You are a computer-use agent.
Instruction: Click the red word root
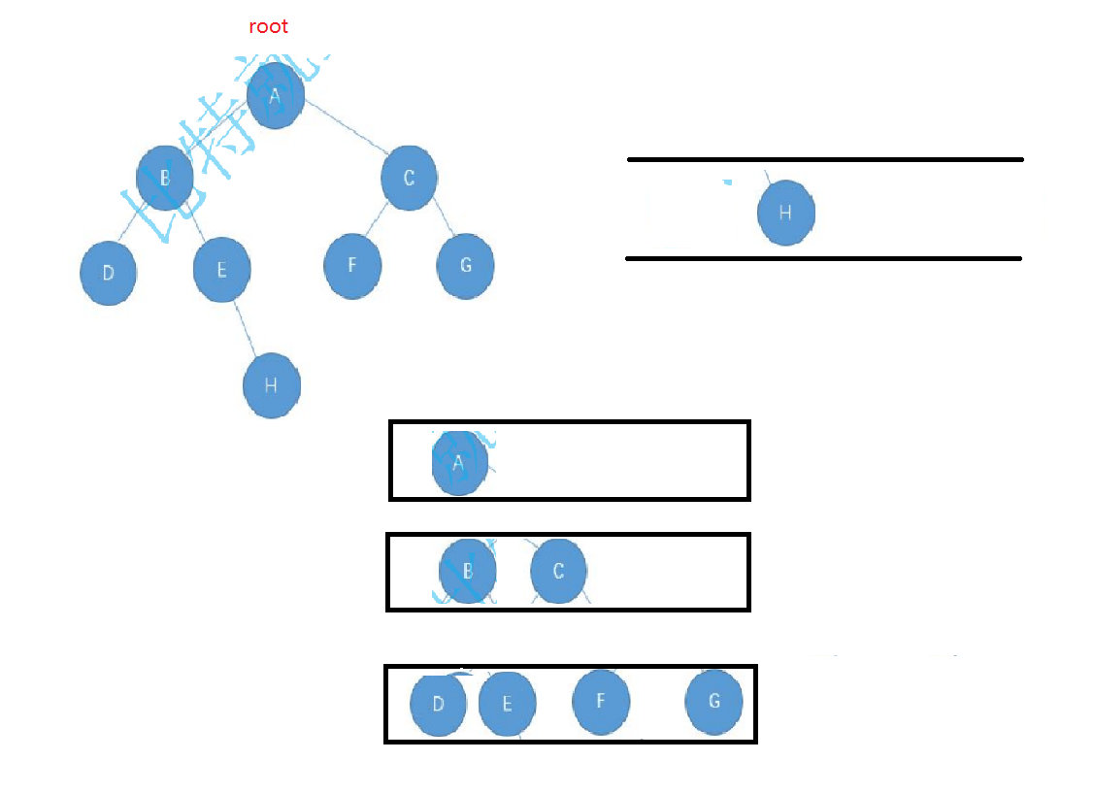[x=269, y=27]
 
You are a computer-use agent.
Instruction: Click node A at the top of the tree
[x=276, y=96]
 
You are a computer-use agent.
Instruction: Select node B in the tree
[x=165, y=178]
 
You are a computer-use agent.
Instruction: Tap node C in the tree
[x=409, y=178]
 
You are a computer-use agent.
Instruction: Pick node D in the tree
[x=108, y=272]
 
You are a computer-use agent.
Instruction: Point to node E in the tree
[x=221, y=269]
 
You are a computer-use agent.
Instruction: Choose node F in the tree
[x=352, y=263]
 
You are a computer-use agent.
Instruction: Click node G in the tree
[x=466, y=265]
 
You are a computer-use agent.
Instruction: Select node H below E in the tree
[x=272, y=385]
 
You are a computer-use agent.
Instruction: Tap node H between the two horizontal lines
[x=785, y=213]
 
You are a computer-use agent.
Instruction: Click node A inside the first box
[x=460, y=462]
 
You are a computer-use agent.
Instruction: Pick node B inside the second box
[x=468, y=571]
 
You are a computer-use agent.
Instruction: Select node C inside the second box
[x=558, y=571]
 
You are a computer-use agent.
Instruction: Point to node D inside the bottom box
[x=438, y=704]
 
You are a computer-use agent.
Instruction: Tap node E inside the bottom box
[x=507, y=704]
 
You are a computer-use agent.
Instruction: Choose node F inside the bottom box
[x=601, y=700]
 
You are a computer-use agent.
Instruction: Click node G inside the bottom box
[x=714, y=701]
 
